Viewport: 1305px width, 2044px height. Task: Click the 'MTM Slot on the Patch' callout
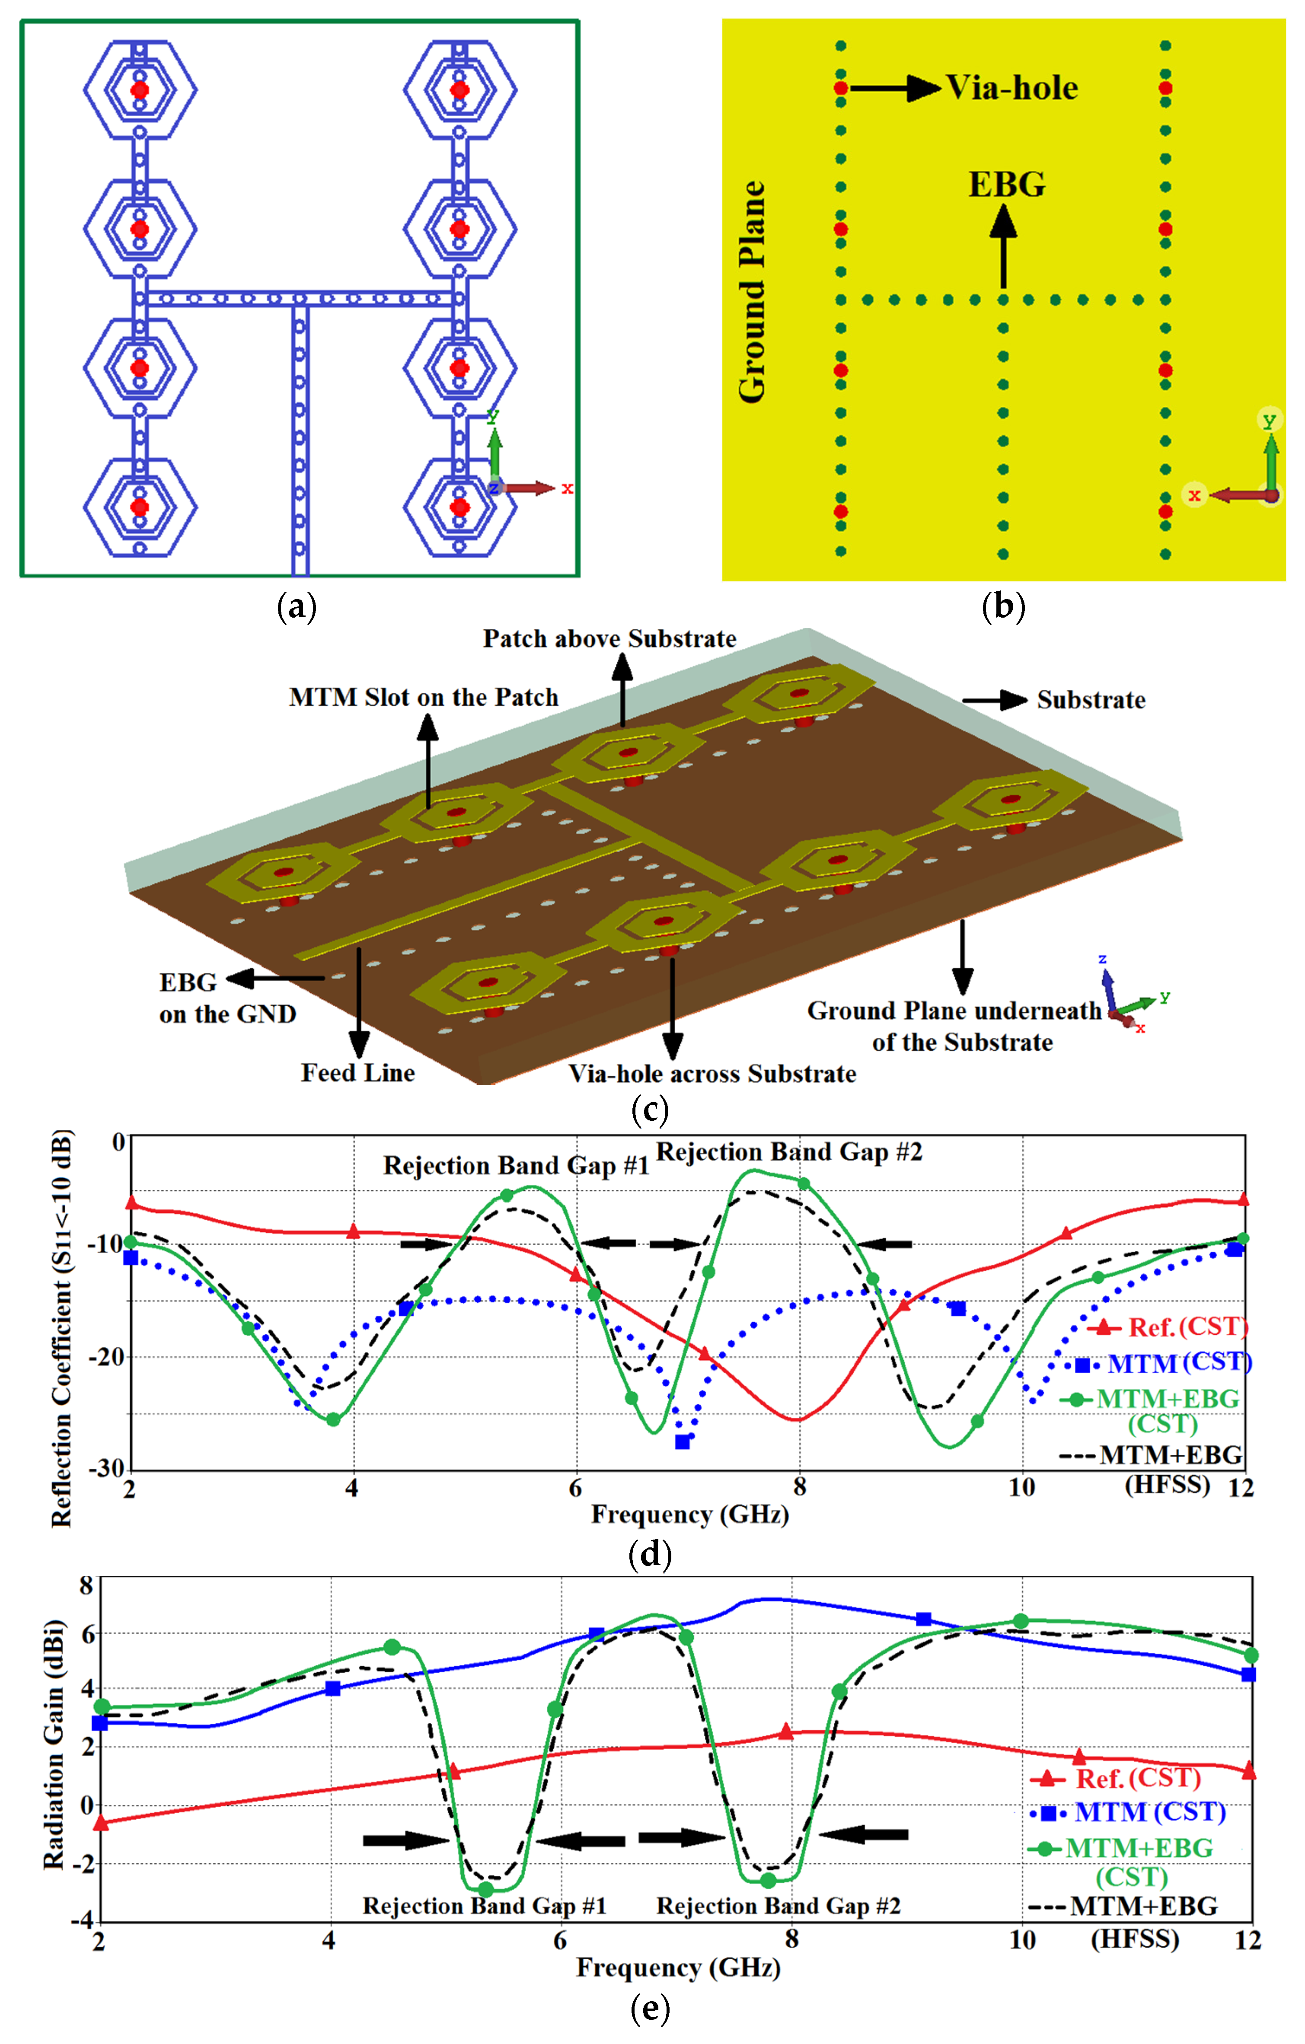(x=424, y=698)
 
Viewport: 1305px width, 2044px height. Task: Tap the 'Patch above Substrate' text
(x=609, y=639)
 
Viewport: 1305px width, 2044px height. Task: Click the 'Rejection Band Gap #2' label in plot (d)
(x=790, y=1153)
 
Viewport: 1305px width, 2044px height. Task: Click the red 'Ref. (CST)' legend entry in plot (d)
(x=1187, y=1327)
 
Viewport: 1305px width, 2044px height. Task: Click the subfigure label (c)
(x=651, y=1110)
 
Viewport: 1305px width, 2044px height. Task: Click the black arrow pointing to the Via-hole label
(x=896, y=88)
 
